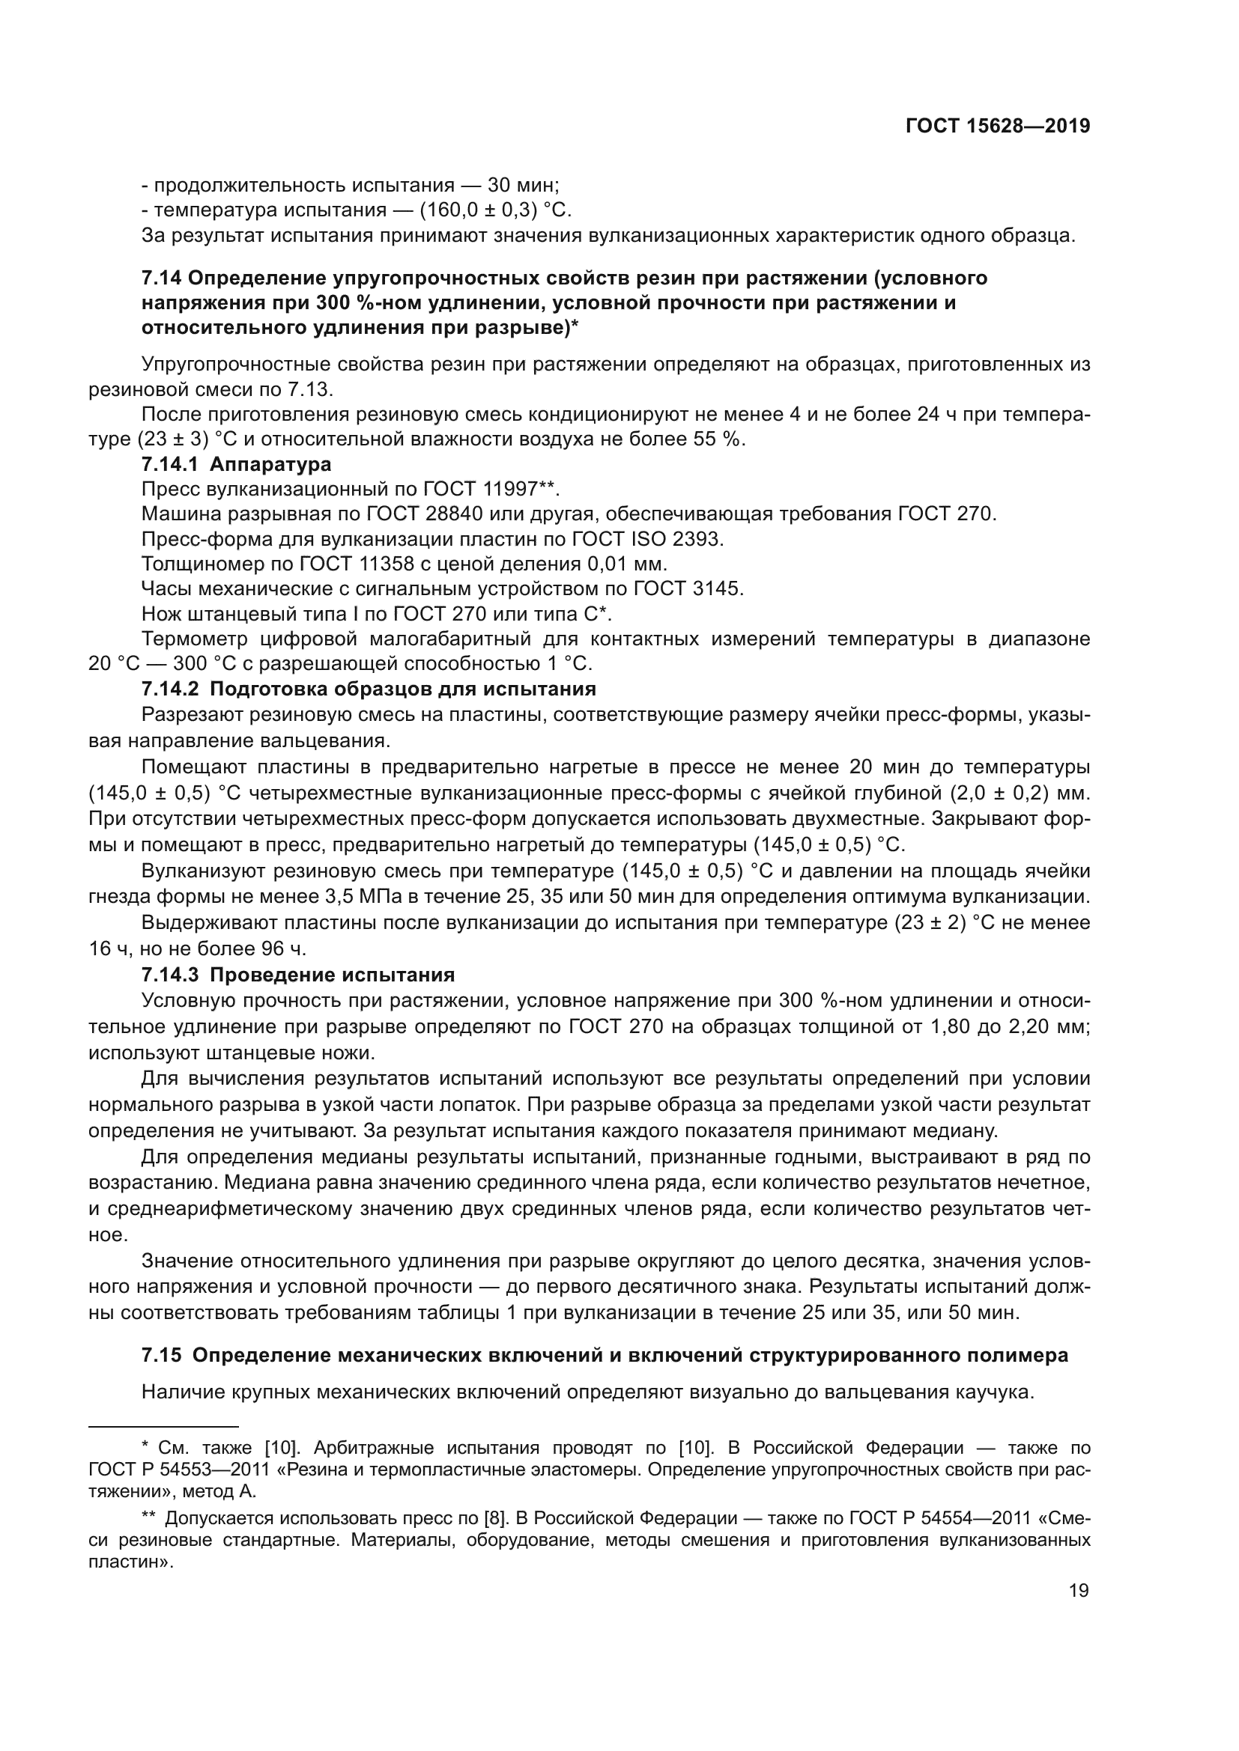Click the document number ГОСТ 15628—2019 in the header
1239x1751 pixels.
pos(997,127)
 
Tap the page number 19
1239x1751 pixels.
pos(1079,1591)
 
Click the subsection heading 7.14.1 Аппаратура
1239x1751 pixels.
pos(237,464)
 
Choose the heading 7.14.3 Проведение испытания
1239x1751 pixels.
pos(298,975)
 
